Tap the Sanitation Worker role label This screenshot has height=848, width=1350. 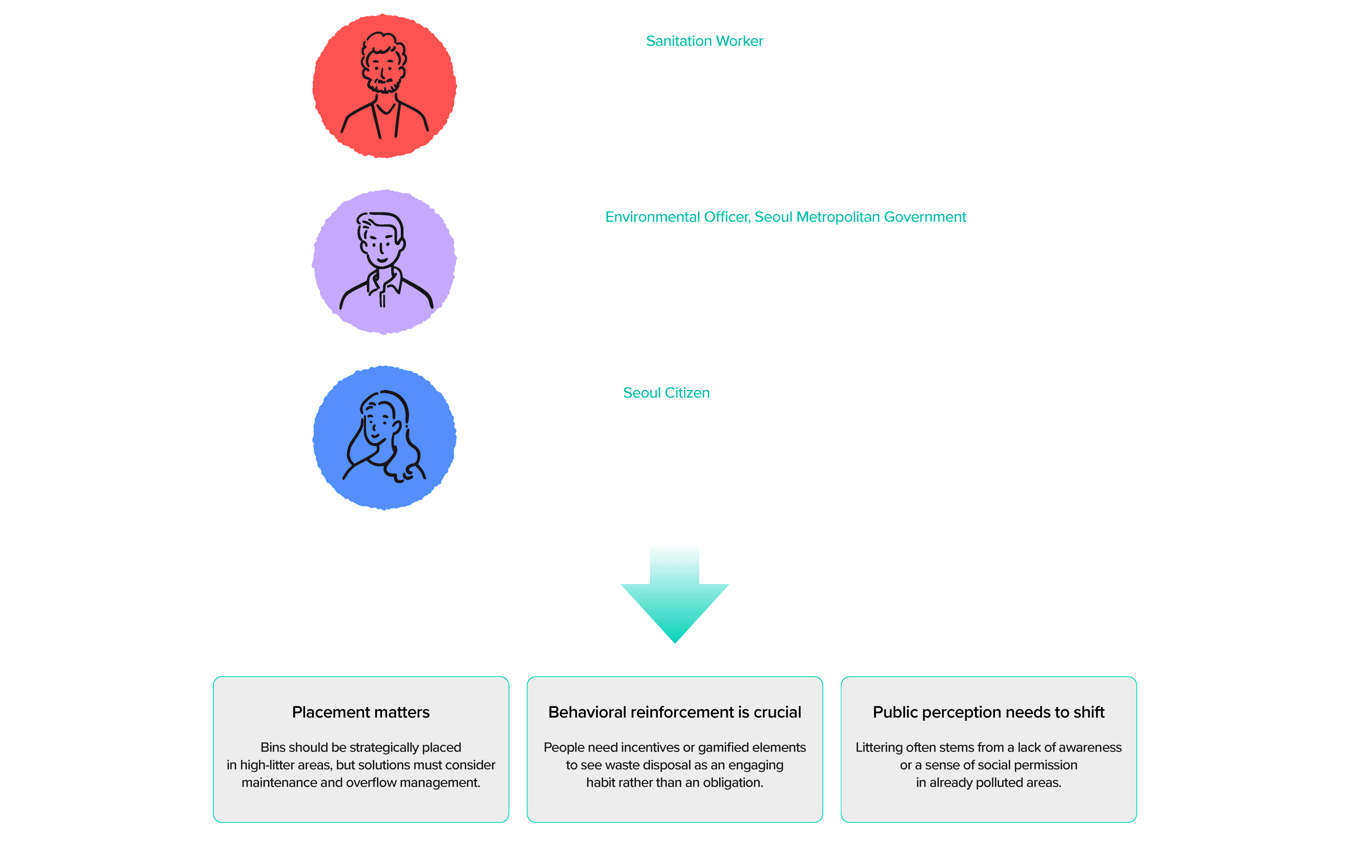(x=704, y=41)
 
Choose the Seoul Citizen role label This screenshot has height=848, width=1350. (x=666, y=393)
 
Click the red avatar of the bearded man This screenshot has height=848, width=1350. (x=384, y=86)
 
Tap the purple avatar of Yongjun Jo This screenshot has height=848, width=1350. (x=384, y=262)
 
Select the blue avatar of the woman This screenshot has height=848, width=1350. (x=384, y=437)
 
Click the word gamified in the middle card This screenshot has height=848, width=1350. (x=723, y=748)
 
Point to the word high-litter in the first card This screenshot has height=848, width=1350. (x=266, y=765)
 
